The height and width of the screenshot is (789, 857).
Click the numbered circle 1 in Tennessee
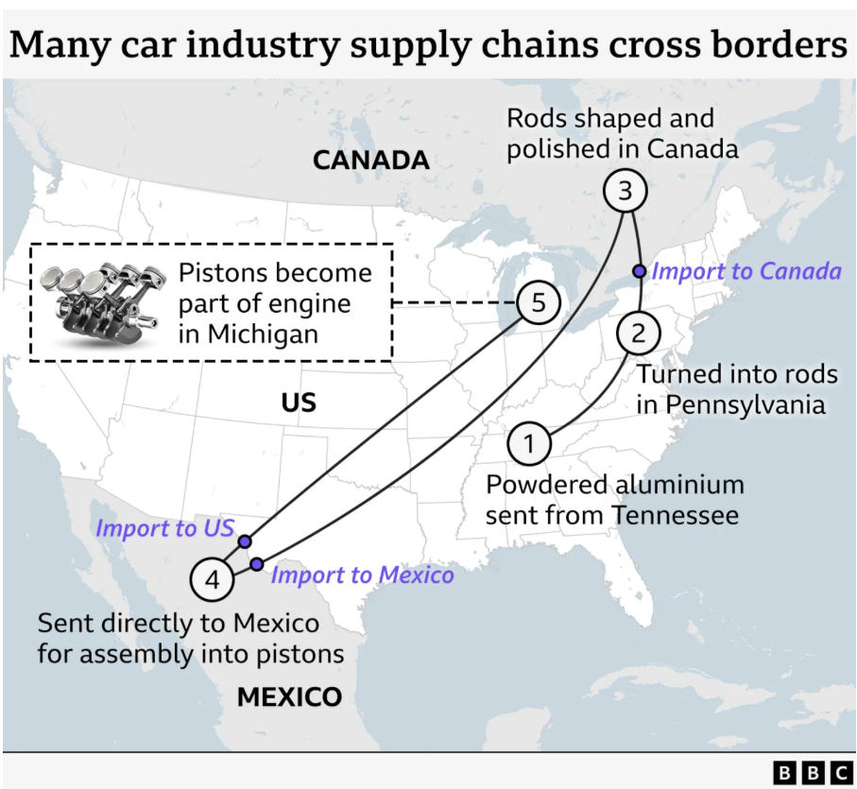[x=529, y=443]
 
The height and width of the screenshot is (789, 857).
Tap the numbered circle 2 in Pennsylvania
[x=639, y=334]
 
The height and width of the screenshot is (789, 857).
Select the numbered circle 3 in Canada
[x=626, y=191]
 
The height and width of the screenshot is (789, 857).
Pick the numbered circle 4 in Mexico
[x=212, y=580]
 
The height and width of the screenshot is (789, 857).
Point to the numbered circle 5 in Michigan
[x=539, y=302]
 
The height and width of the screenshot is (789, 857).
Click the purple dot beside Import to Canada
[x=640, y=271]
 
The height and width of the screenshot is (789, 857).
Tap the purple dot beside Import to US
[x=245, y=541]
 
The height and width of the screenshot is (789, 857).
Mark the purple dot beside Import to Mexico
[x=256, y=564]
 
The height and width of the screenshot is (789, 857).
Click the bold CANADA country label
[x=371, y=160]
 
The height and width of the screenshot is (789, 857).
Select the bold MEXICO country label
[x=290, y=696]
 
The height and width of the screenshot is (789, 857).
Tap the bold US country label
[x=299, y=403]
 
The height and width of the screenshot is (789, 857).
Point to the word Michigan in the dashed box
[x=263, y=334]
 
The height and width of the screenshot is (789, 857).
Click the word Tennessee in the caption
[x=676, y=515]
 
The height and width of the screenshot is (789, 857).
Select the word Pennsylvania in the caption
[x=746, y=405]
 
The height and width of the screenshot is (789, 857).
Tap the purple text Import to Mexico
[x=363, y=575]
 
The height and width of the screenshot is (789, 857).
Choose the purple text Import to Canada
[x=746, y=271]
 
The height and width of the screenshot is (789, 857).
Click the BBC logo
[x=813, y=773]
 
